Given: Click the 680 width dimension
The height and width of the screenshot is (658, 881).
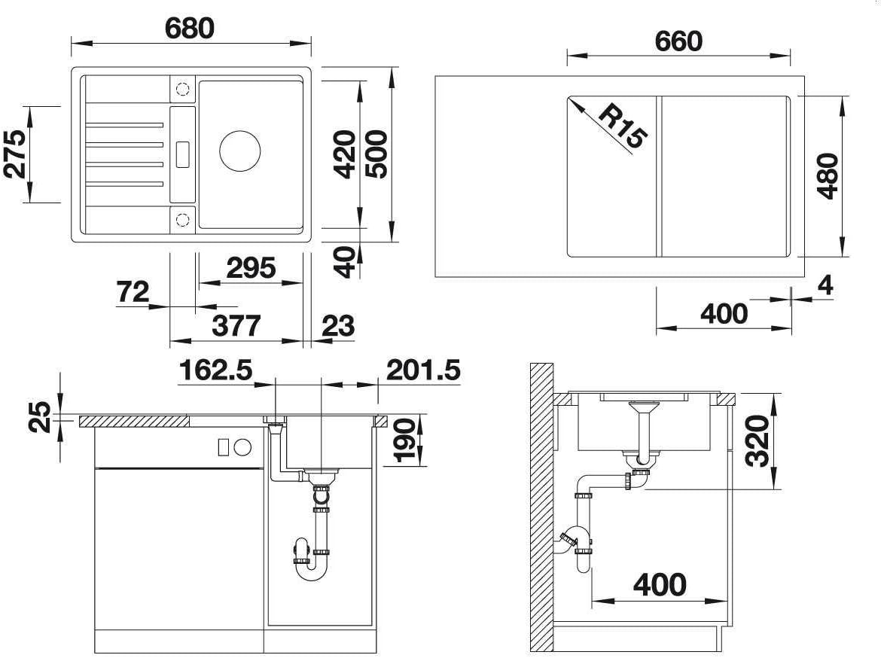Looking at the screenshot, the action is tap(189, 28).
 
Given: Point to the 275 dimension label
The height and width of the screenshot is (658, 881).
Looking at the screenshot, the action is tap(15, 154).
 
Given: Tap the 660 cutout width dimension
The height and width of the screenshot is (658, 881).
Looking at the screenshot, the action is tap(678, 41).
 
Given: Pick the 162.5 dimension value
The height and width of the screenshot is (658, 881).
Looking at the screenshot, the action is tap(216, 370).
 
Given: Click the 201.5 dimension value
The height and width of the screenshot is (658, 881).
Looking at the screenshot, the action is tap(423, 370).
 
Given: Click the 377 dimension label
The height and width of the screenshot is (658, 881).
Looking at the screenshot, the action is tap(236, 326).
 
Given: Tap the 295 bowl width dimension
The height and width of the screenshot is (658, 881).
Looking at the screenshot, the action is tap(251, 268).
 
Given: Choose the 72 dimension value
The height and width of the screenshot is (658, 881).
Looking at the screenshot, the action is tap(133, 291).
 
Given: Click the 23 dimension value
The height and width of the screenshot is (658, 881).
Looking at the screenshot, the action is tap(338, 326).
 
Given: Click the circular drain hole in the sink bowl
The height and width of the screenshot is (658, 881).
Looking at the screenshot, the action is tap(240, 151).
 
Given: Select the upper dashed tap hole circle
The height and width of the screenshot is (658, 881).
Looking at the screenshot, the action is tap(183, 89).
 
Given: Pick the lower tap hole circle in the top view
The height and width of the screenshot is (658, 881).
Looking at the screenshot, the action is tap(183, 219).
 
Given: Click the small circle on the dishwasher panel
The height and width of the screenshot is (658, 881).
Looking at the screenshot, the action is tap(242, 447).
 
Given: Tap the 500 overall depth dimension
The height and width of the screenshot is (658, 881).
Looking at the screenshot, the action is tap(376, 154).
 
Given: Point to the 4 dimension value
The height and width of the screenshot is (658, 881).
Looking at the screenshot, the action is tap(825, 285).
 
